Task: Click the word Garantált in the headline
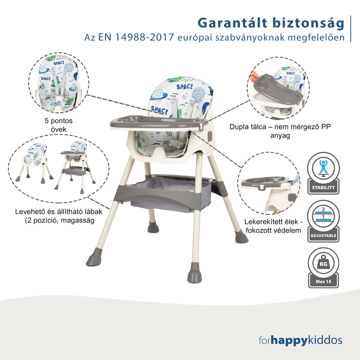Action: click(x=232, y=23)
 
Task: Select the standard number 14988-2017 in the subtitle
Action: click(x=144, y=37)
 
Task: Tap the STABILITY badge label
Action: click(x=323, y=188)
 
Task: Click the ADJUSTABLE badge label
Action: click(x=323, y=236)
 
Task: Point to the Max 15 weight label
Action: click(x=323, y=281)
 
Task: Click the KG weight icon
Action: click(x=323, y=263)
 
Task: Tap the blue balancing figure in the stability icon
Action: click(x=323, y=167)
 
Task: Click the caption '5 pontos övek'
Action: click(x=58, y=125)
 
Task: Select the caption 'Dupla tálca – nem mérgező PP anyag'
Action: click(x=280, y=131)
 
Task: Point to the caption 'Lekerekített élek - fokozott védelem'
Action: click(x=273, y=226)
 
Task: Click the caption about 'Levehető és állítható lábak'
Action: click(x=59, y=216)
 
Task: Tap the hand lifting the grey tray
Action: click(x=253, y=76)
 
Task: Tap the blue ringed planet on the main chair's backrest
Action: click(x=159, y=95)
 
